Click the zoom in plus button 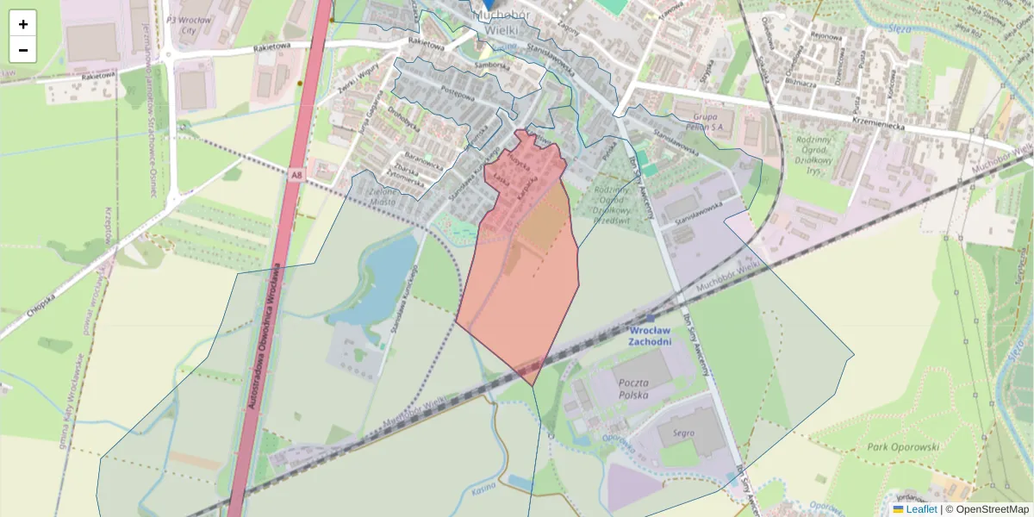[x=23, y=24]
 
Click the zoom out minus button [x=23, y=50]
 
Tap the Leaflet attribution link [x=921, y=509]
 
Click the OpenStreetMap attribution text [x=992, y=509]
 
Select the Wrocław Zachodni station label [x=651, y=336]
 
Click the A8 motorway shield [x=296, y=175]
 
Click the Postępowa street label [x=458, y=90]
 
